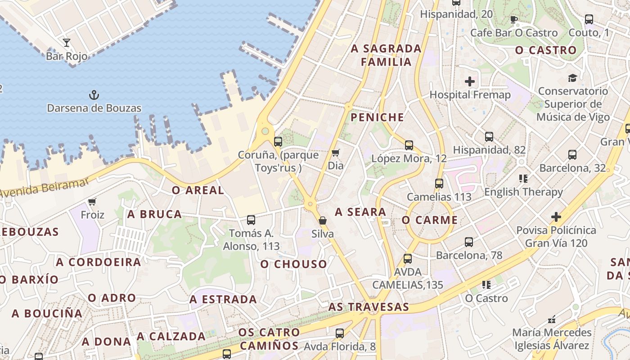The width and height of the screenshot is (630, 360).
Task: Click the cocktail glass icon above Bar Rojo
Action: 67,43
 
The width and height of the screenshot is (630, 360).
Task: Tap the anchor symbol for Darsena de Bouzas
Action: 94,95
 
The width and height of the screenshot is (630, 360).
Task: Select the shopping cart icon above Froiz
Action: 92,202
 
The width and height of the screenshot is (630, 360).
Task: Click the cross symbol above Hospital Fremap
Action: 470,81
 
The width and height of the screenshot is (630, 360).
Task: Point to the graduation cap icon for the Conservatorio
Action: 572,78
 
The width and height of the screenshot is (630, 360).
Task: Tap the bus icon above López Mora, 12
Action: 409,145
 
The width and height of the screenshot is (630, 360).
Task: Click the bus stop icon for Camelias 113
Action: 439,184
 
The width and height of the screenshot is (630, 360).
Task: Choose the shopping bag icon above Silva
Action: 323,220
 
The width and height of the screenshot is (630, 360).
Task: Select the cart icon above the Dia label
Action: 335,153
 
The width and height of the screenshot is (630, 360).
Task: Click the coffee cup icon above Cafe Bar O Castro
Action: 514,19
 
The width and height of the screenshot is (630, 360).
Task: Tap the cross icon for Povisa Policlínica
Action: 556,217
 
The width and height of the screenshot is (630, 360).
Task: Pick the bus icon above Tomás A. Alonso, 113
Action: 251,220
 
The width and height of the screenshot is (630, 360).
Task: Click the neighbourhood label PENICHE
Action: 377,117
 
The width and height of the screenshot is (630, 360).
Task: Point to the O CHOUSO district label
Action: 293,264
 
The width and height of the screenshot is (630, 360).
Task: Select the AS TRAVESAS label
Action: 369,307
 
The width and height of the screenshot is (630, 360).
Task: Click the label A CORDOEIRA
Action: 99,262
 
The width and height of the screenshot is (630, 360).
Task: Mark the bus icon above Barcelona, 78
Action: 469,242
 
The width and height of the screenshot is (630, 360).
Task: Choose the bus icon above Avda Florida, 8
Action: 340,333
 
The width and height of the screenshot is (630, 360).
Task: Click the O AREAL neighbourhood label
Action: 198,190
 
